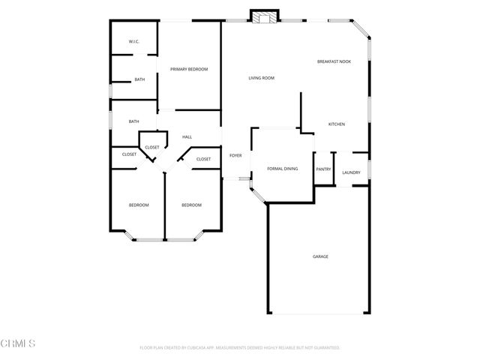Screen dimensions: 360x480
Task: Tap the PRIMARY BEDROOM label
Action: [189, 69]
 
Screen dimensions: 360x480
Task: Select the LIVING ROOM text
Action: [262, 78]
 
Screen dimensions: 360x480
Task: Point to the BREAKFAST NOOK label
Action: [334, 61]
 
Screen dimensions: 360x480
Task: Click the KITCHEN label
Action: [337, 124]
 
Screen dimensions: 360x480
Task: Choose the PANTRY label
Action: [323, 169]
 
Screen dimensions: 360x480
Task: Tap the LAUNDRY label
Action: [351, 172]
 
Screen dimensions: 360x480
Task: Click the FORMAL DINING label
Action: [283, 169]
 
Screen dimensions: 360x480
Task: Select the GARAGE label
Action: [320, 256]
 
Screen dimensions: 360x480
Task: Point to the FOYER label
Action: [235, 155]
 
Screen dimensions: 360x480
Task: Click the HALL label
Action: [187, 137]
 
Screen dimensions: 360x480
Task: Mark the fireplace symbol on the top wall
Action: [263, 16]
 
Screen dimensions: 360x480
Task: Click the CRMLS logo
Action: [19, 344]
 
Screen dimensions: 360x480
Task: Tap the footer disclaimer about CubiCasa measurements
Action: [240, 348]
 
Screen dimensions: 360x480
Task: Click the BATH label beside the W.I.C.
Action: [139, 79]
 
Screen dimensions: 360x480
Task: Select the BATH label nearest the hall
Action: [133, 121]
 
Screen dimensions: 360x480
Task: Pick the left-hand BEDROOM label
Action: [138, 205]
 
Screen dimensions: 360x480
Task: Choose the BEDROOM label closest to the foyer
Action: [191, 205]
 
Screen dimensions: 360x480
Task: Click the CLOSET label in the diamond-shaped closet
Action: [152, 147]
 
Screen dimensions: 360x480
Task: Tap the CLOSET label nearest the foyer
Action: [204, 159]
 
